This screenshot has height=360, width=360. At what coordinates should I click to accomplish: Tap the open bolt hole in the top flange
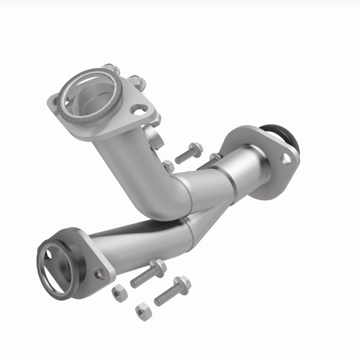(139, 108)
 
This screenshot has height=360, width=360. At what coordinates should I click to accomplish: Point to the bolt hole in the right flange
(285, 158)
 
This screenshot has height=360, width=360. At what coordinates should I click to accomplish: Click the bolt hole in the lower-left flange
(99, 272)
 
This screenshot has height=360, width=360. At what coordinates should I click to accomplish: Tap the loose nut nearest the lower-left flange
(119, 292)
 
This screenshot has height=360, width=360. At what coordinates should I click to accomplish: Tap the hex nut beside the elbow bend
(167, 166)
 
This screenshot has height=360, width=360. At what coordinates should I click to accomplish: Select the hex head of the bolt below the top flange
(196, 148)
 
